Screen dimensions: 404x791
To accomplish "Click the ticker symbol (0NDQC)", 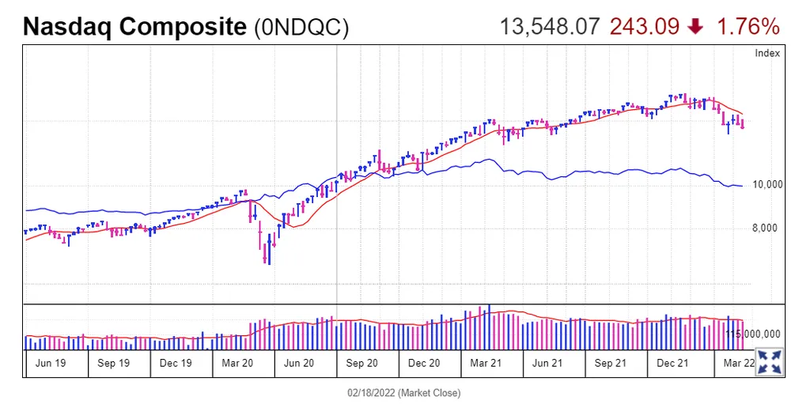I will (x=301, y=27).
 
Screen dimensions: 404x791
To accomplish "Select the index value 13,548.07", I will (x=550, y=27).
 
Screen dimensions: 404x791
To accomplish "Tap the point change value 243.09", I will (x=643, y=27).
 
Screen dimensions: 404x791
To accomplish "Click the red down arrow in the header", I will (x=696, y=27).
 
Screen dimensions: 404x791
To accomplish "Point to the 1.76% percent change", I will (x=748, y=27).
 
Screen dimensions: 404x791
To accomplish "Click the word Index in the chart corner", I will (x=767, y=53).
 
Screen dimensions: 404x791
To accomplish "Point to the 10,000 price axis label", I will (x=767, y=185).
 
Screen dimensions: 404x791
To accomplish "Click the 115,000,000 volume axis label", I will (x=755, y=334).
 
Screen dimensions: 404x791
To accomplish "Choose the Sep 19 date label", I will (x=113, y=363).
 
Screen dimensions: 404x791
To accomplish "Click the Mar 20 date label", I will (x=237, y=363).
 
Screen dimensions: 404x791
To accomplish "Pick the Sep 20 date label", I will (x=361, y=363).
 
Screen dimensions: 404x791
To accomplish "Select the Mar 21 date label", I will (x=486, y=363).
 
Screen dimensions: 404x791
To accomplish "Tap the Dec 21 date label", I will (x=672, y=363).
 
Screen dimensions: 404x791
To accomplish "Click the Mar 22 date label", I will (x=739, y=363).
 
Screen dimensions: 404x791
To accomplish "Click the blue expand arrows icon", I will (x=770, y=361).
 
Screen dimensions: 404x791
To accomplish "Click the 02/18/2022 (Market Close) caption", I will (x=403, y=393).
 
